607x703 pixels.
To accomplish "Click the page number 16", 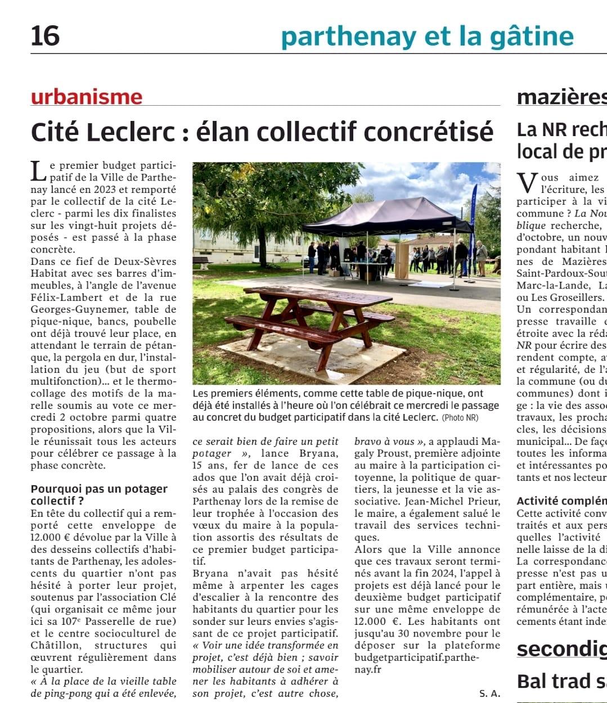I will tap(45, 35).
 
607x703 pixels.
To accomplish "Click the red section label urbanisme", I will tap(87, 97).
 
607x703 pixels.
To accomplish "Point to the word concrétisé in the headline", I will tap(428, 132).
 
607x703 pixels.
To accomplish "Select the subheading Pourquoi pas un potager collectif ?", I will tap(99, 495).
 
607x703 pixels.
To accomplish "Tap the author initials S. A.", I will tap(489, 693).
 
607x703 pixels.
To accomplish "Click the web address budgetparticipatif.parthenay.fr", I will tap(416, 664).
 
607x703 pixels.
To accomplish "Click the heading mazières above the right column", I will tap(561, 97).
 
